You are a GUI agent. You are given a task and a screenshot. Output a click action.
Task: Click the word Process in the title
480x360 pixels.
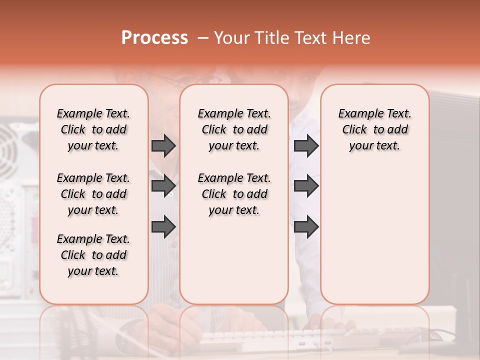tap(154, 37)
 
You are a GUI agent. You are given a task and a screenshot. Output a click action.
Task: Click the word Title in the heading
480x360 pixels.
tap(270, 37)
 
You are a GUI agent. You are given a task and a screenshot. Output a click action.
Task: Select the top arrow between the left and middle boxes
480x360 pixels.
tap(163, 145)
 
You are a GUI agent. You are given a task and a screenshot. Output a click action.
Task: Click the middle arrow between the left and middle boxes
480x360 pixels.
tap(163, 186)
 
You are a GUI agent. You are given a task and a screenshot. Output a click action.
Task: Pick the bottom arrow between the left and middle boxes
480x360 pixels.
tap(163, 226)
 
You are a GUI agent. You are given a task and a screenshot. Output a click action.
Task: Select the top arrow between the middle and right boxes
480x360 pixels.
tap(306, 145)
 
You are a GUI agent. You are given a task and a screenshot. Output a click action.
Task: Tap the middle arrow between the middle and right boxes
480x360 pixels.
tap(306, 186)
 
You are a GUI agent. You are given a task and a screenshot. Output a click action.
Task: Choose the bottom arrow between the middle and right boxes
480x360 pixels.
tap(306, 226)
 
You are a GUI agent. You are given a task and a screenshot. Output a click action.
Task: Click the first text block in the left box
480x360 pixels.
tap(93, 129)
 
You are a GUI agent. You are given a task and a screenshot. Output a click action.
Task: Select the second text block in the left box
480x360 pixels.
tap(93, 194)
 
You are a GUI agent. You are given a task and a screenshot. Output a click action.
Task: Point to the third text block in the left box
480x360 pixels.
tap(93, 255)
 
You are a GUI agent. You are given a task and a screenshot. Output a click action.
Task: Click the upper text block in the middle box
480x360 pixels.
tap(234, 129)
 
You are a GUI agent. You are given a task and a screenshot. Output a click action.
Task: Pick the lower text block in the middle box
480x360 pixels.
tap(234, 194)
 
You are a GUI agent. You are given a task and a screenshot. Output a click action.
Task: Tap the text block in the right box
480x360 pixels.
tap(374, 129)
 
